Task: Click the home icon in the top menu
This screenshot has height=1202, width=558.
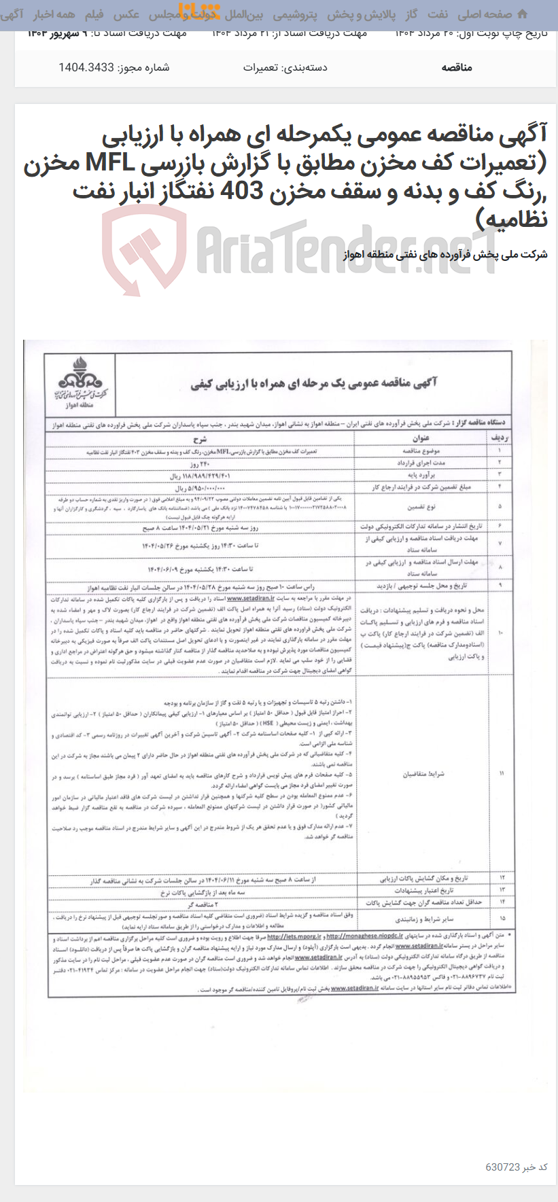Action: [x=522, y=14]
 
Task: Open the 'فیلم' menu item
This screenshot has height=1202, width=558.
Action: [x=94, y=14]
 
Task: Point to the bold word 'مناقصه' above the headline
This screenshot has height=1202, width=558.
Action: [x=457, y=67]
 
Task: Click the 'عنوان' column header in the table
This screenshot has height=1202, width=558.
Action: [x=421, y=438]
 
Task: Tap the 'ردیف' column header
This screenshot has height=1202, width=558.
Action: [x=500, y=438]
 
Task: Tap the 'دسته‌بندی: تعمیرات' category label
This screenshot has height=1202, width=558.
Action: [x=285, y=67]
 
